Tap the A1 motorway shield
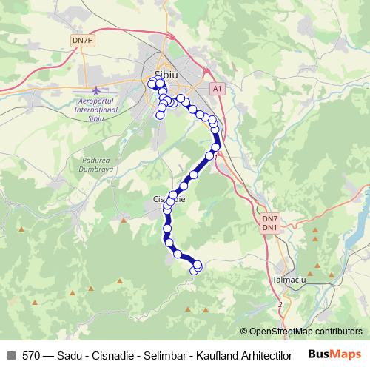click(216, 88)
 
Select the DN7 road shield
click(269, 219)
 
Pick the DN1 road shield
click(269, 227)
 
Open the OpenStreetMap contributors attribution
click(301, 332)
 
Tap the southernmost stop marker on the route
click(195, 271)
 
